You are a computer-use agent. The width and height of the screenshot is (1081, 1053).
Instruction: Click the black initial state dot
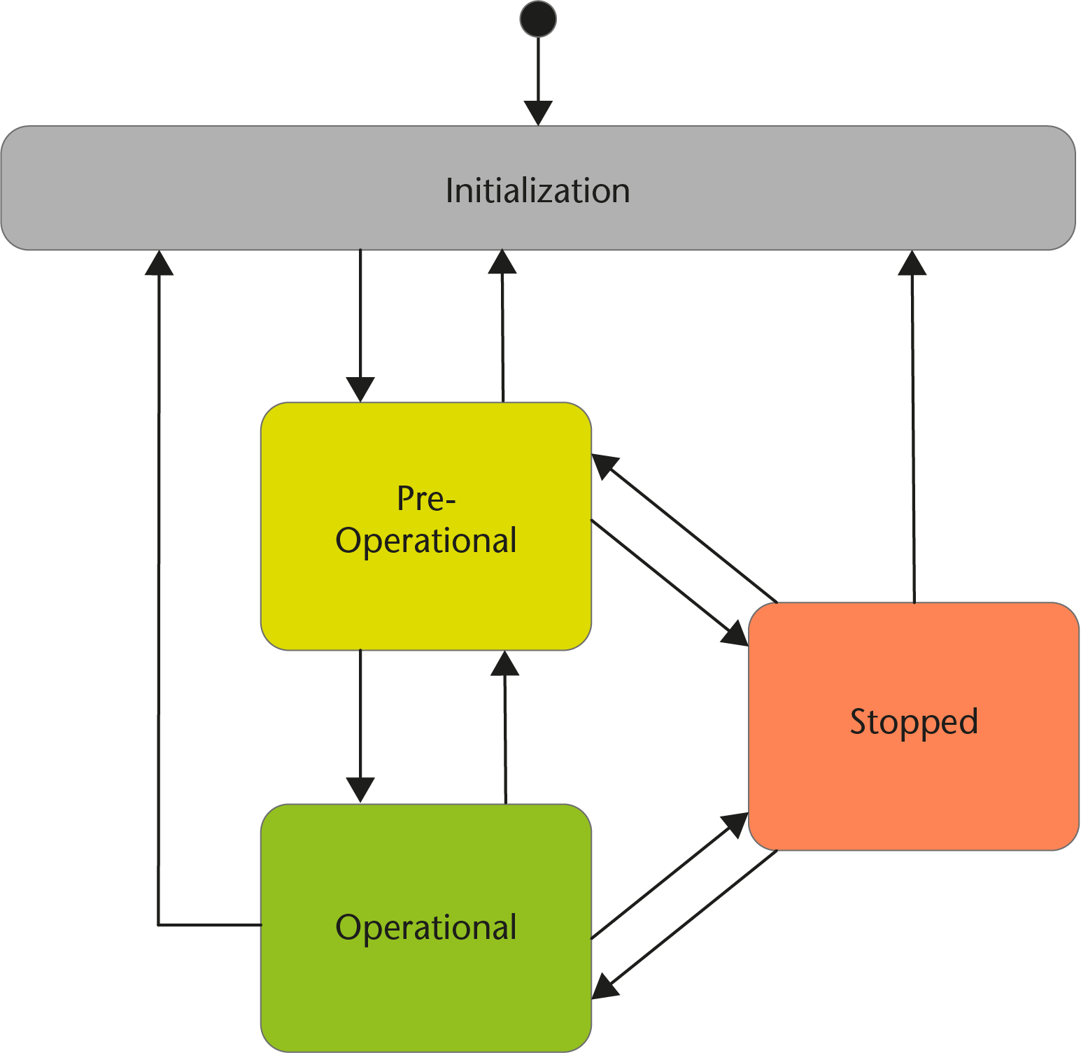coord(538,19)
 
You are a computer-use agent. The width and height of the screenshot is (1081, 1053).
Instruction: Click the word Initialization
coord(537,191)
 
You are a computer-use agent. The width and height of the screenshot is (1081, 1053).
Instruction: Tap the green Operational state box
coord(425,994)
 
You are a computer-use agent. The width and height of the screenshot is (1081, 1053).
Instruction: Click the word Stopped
coord(913,722)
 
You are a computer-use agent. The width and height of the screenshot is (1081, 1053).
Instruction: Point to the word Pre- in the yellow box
coord(425,499)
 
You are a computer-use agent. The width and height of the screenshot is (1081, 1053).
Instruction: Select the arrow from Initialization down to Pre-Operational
coord(360,322)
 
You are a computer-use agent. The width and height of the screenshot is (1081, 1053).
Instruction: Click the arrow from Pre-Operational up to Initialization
coord(503,329)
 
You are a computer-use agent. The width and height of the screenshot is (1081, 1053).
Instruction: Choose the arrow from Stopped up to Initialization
coord(913,434)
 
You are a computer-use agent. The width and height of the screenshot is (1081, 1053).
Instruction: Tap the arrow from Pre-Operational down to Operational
coord(360,721)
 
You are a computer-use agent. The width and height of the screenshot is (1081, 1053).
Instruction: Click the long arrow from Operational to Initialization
coord(159,595)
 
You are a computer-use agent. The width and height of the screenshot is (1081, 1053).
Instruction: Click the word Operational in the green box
coord(425,928)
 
